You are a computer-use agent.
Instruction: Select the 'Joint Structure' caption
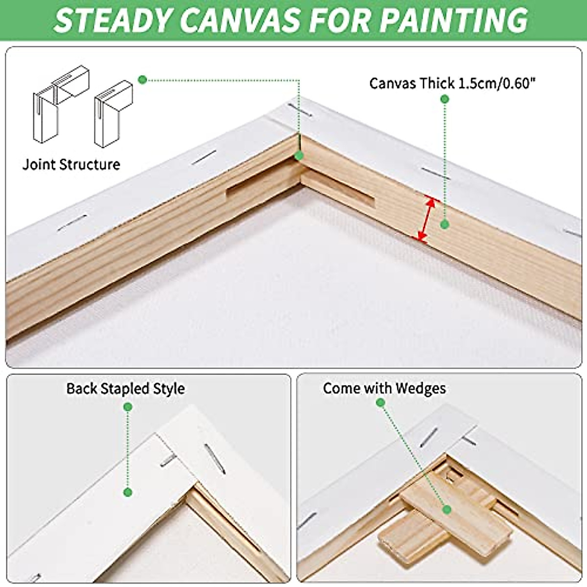click(71, 164)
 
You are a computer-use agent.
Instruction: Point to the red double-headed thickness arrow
click(425, 219)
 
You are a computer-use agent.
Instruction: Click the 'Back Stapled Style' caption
click(125, 388)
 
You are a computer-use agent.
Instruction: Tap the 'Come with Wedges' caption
click(384, 388)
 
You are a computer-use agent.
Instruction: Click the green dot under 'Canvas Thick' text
click(445, 99)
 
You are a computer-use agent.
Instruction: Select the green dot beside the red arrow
click(444, 225)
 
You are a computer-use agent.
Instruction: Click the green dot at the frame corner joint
click(299, 156)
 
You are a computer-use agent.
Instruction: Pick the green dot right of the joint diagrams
click(142, 79)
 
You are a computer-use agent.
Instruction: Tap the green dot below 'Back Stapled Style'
click(128, 406)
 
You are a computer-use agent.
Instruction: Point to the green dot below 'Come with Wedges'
click(381, 403)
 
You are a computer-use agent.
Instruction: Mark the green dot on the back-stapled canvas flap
click(128, 492)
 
